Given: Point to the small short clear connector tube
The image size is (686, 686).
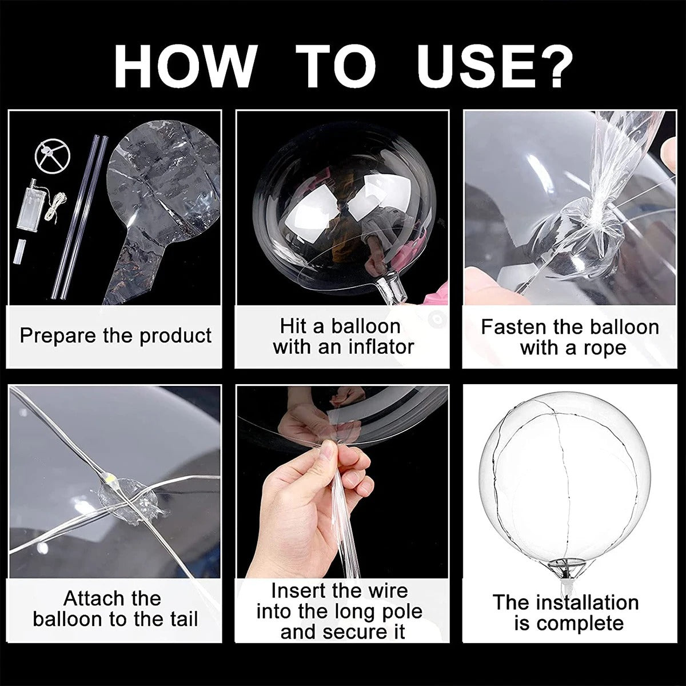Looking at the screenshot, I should click(23, 251).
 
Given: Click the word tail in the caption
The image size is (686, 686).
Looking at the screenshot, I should click(180, 619).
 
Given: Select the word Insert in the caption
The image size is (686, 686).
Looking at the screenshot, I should click(297, 591).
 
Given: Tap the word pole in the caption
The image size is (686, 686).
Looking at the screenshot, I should click(400, 611).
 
